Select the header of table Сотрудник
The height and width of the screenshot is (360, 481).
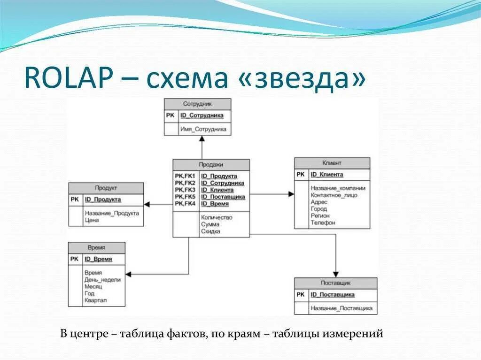197,104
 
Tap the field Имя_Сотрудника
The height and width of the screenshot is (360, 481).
203,129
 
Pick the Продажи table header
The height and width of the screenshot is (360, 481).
211,165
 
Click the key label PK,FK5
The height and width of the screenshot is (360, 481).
185,197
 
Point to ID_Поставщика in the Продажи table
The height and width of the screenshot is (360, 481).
223,197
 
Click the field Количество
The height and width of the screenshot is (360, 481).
217,217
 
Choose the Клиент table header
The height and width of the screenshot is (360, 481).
332,163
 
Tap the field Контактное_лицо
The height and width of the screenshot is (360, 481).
334,195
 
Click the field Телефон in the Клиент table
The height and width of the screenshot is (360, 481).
323,222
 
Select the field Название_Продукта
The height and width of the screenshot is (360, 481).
112,213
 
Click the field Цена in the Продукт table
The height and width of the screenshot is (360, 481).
92,220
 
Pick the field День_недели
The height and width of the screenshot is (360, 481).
102,279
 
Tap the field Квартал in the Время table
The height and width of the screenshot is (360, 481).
96,300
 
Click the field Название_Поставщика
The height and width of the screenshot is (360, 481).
341,308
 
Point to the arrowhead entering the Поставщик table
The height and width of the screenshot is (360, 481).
335,274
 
